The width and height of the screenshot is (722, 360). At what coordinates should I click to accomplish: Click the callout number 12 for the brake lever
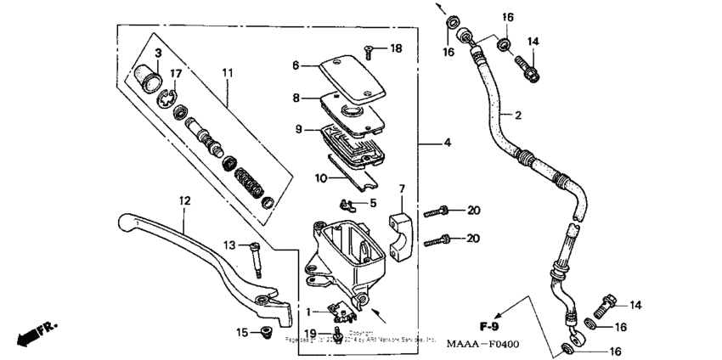[184, 201]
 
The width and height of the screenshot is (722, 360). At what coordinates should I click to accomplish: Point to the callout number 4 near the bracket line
[446, 143]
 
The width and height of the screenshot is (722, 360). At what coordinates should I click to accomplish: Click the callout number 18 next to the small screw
[395, 49]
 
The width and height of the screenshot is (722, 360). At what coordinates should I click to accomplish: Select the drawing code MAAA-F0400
[482, 345]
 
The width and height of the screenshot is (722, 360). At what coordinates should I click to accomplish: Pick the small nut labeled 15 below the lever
[265, 332]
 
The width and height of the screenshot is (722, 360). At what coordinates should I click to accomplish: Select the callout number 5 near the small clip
[371, 203]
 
